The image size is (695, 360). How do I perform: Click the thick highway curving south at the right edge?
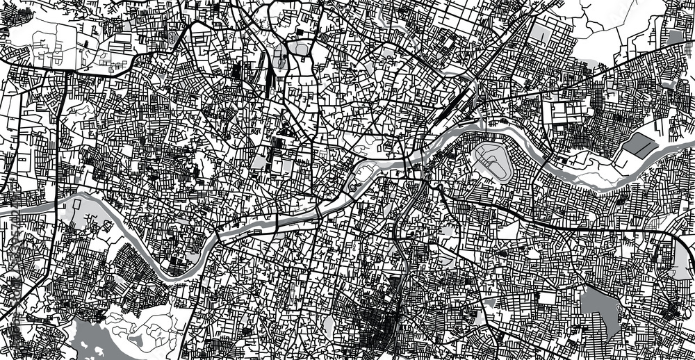tap(684, 257)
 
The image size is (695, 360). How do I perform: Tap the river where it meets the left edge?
tap(3, 207)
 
